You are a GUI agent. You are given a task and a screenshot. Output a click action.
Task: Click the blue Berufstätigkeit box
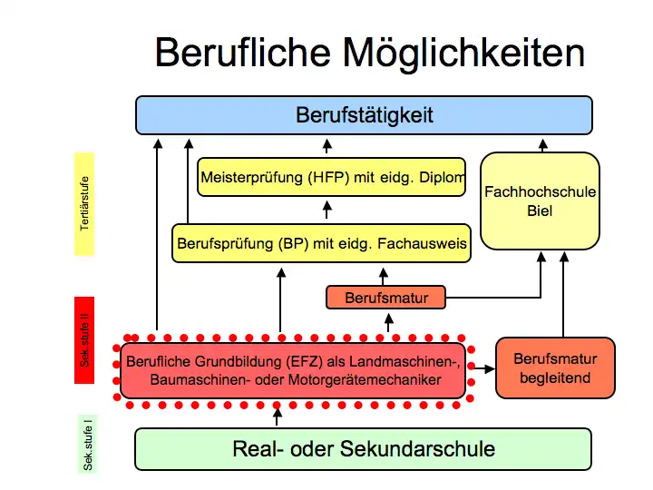pyautogui.click(x=364, y=115)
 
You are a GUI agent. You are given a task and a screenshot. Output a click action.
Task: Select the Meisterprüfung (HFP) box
pyautogui.click(x=333, y=177)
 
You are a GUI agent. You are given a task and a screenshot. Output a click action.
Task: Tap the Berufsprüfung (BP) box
pyautogui.click(x=322, y=243)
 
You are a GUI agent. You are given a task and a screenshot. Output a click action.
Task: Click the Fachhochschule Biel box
pyautogui.click(x=540, y=201)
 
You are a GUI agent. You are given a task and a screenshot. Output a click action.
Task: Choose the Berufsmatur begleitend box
pyautogui.click(x=555, y=367)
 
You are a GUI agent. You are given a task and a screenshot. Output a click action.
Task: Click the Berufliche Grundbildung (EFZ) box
pyautogui.click(x=293, y=370)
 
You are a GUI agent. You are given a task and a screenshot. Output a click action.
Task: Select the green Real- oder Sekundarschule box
pyautogui.click(x=364, y=448)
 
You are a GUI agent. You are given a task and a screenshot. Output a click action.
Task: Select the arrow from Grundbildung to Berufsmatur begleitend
pyautogui.click(x=482, y=369)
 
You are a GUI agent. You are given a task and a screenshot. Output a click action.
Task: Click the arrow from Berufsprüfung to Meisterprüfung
pyautogui.click(x=327, y=211)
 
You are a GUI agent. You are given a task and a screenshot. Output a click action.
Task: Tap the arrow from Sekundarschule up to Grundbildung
pyautogui.click(x=278, y=416)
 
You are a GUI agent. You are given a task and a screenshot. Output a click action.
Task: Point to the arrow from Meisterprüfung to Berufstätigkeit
pyautogui.click(x=327, y=147)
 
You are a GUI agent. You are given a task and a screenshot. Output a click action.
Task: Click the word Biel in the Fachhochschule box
pyautogui.click(x=540, y=211)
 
